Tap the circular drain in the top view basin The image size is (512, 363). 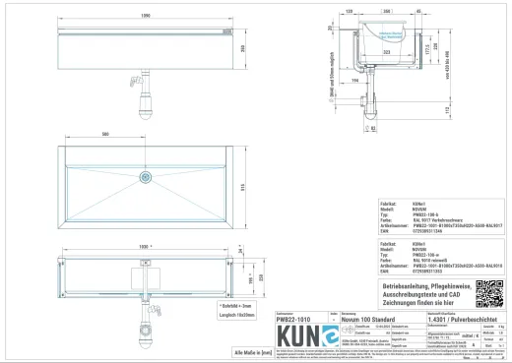[x=146, y=177]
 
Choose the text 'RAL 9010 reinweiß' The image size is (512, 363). [x=433, y=259]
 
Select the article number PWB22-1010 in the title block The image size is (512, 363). [x=297, y=319]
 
